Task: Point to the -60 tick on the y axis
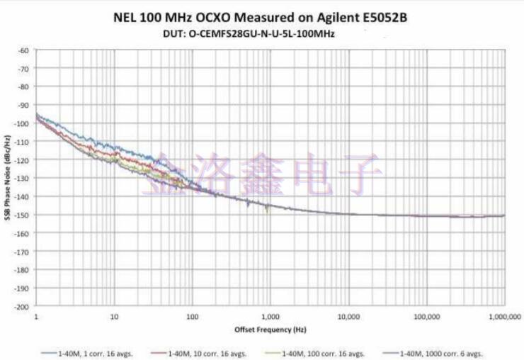click(23, 50)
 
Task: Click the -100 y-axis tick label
click(22, 123)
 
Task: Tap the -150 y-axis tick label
click(22, 215)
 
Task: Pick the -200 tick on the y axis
click(22, 306)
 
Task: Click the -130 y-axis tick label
click(22, 178)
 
